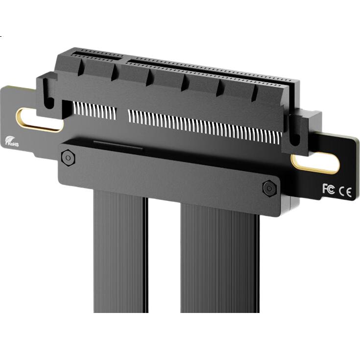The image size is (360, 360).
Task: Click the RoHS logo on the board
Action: [12, 142]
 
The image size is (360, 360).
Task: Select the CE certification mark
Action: [345, 192]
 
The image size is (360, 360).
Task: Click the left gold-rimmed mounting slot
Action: [40, 120]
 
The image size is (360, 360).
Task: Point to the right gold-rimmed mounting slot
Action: [315, 163]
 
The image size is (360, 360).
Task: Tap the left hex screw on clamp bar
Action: [68, 158]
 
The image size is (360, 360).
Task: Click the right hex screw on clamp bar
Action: [269, 189]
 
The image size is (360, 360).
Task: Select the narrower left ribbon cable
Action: [120, 251]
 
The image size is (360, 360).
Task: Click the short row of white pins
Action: [95, 111]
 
